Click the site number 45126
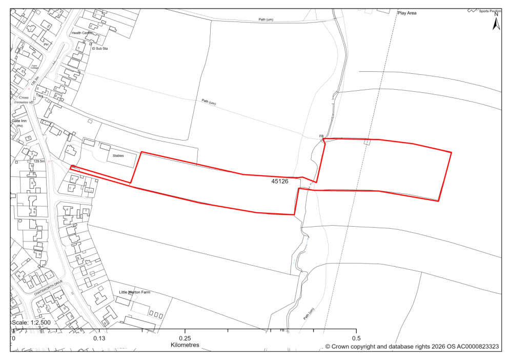click(280, 181)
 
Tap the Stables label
click(119, 155)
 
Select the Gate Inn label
click(20, 121)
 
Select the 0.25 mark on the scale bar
click(185, 338)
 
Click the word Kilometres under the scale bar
click(185, 345)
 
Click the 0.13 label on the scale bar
click(99, 338)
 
